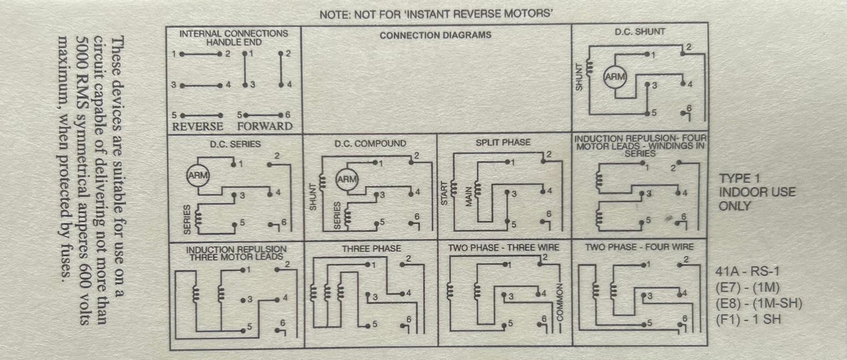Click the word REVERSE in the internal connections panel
197,127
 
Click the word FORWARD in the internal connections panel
264,127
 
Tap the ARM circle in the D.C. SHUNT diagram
615,77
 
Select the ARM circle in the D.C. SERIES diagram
198,176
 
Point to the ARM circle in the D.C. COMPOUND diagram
347,179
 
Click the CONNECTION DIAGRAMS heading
435,35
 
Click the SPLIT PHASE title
502,142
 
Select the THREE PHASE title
371,248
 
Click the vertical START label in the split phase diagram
444,193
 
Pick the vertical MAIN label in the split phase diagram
468,196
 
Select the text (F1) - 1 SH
747,319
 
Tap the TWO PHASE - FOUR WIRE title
639,247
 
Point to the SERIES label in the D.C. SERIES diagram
186,220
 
